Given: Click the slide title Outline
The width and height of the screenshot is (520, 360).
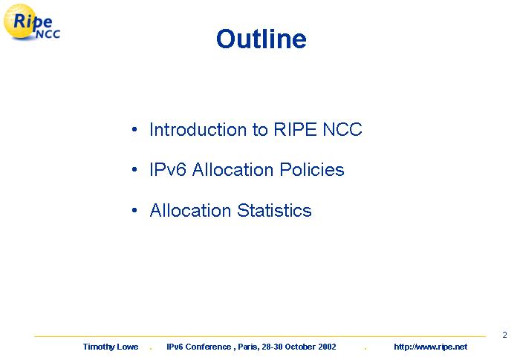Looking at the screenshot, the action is click(x=261, y=39).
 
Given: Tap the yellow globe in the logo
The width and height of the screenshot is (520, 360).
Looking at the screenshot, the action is click(x=20, y=22).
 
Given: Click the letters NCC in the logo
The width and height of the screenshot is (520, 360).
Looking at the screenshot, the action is click(x=48, y=34).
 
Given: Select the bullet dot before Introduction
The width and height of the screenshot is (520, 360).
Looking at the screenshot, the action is click(x=134, y=129).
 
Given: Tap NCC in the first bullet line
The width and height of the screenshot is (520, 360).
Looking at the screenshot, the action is click(x=342, y=129).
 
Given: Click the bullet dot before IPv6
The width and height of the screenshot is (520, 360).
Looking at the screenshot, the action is click(x=134, y=169).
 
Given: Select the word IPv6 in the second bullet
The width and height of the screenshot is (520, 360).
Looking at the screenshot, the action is click(x=168, y=169).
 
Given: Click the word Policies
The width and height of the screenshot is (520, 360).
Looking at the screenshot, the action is click(x=312, y=169).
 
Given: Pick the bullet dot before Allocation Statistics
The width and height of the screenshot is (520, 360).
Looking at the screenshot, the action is click(x=134, y=210).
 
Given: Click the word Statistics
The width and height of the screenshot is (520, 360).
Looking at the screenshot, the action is click(x=275, y=210).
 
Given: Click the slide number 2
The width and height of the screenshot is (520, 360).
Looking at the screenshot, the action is click(x=504, y=335).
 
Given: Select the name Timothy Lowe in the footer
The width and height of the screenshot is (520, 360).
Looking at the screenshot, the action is click(x=111, y=347).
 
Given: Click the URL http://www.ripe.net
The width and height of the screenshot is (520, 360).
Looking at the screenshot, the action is click(x=430, y=347).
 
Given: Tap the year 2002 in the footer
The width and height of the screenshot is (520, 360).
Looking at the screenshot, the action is click(x=328, y=347).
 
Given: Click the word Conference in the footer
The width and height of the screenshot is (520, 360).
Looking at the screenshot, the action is click(x=208, y=347).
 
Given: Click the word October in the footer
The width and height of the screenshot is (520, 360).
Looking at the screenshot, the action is click(x=300, y=347).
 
